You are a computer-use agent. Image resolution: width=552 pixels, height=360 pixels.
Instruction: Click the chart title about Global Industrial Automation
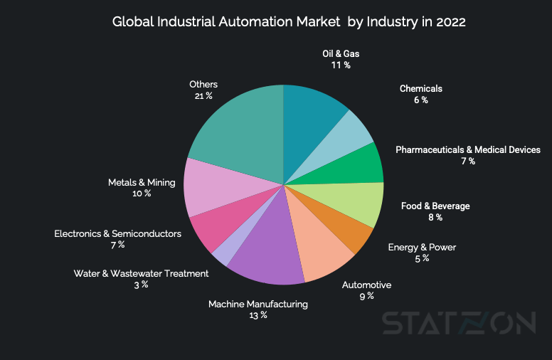click(289, 21)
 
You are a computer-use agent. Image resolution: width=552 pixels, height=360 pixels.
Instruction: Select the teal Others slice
click(238, 132)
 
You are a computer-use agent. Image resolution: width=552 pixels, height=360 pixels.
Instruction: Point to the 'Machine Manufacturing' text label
click(258, 304)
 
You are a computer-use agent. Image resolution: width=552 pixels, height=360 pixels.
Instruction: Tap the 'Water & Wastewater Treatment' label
click(141, 273)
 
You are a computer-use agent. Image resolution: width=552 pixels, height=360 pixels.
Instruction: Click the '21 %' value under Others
click(203, 95)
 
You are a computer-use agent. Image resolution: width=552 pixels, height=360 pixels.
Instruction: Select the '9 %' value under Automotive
click(366, 296)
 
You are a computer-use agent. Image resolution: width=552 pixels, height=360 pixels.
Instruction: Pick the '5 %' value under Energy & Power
click(422, 258)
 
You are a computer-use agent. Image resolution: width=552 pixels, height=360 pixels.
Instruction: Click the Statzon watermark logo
click(459, 323)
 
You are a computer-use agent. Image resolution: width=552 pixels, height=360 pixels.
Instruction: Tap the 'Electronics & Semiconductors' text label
click(118, 233)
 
